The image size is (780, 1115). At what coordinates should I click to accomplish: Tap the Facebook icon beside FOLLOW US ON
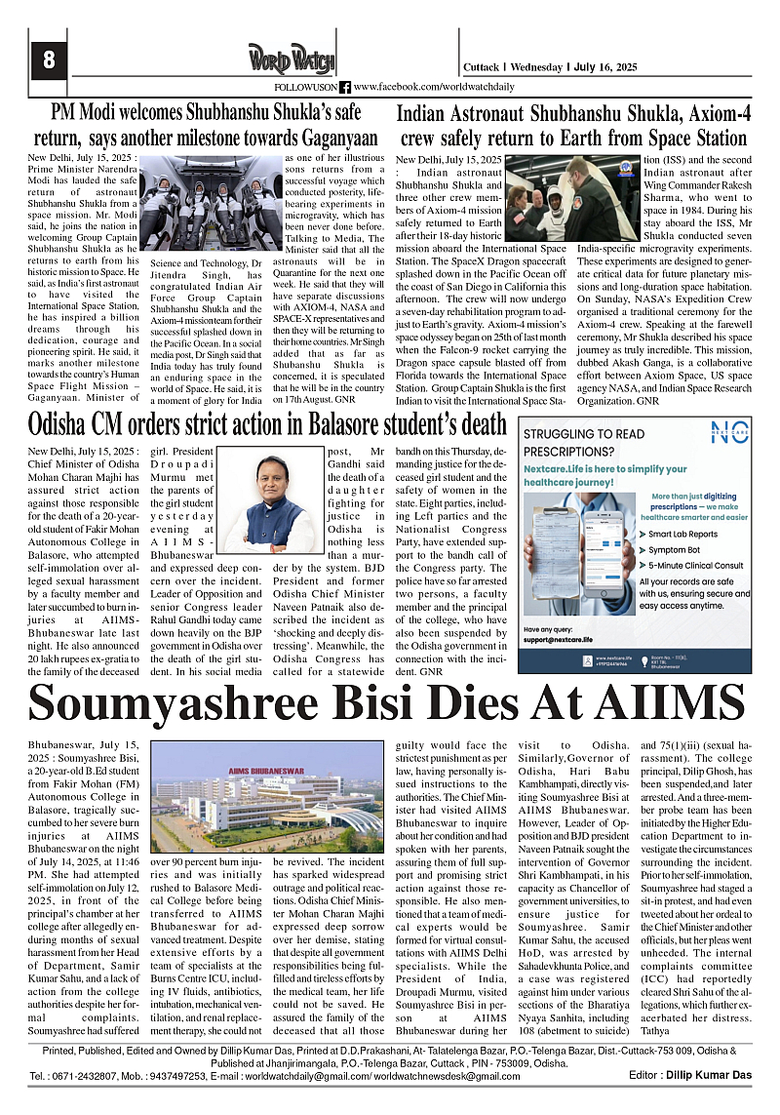click(x=344, y=88)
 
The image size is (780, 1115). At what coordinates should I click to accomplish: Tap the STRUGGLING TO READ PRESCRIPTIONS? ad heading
click(x=583, y=444)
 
